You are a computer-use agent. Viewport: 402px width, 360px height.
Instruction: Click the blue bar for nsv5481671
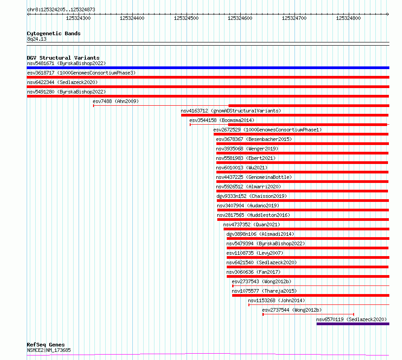[x=208, y=68]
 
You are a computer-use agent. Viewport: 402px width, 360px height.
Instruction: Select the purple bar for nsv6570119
[x=353, y=324]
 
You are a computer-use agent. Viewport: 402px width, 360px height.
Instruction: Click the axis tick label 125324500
[x=186, y=18]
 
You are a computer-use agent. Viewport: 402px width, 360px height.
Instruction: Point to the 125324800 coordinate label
[x=348, y=18]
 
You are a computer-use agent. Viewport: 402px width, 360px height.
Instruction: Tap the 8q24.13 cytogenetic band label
[x=37, y=39]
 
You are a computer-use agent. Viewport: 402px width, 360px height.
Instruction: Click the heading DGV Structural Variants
[x=63, y=58]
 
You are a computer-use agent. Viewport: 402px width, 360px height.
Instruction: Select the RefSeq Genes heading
[x=46, y=345]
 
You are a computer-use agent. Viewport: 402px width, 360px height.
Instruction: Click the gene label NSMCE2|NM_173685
[x=49, y=350]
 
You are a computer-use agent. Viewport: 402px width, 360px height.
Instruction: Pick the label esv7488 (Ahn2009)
[x=116, y=101]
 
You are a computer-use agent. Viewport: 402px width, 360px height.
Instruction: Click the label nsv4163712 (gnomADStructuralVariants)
[x=231, y=111]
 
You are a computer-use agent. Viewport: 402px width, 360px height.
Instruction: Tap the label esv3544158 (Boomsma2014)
[x=222, y=120]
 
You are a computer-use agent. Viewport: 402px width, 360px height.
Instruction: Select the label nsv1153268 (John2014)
[x=276, y=300]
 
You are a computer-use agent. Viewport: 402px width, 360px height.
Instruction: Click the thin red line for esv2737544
[x=309, y=314]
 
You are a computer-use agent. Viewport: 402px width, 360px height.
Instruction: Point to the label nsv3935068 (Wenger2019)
[x=247, y=149]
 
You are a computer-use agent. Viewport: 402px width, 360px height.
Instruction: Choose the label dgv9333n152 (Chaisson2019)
[x=252, y=196]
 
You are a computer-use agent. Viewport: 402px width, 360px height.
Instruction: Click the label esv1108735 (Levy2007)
[x=255, y=253]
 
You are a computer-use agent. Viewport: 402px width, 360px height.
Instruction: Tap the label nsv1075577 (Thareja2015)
[x=264, y=291]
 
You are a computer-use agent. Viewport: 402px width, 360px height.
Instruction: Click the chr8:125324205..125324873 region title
[x=61, y=10]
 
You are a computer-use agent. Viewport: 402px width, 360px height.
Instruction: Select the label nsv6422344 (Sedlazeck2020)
[x=62, y=82]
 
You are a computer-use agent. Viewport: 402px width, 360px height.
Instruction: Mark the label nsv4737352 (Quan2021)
[x=252, y=224]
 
